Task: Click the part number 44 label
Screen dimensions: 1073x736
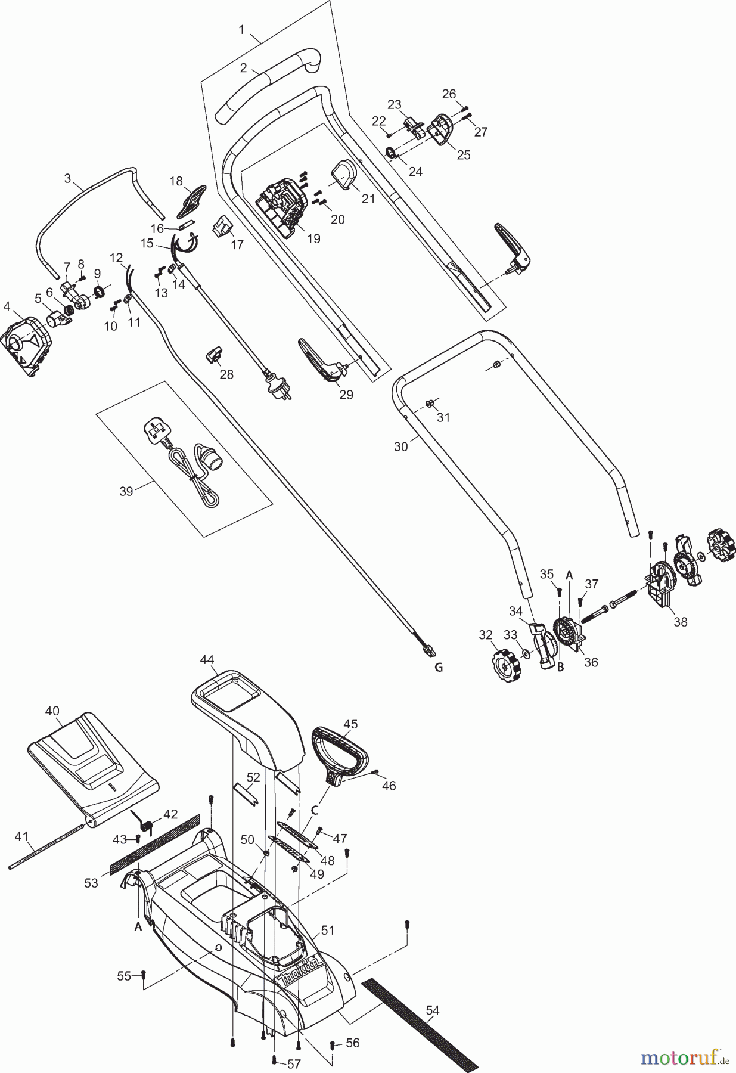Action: coord(207,659)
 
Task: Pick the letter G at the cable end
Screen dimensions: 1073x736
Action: coord(438,667)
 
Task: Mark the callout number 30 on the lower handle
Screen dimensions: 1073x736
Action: coord(401,446)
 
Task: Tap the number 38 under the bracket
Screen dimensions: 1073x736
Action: coord(680,622)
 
